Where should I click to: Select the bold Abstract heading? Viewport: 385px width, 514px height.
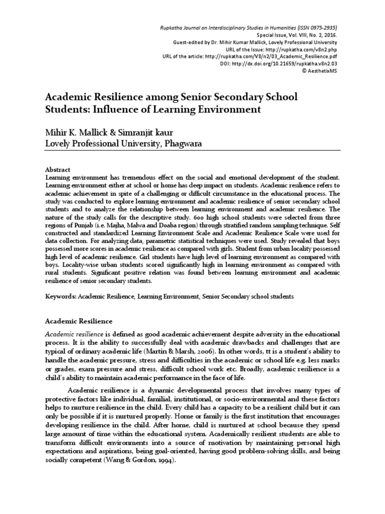tap(58, 170)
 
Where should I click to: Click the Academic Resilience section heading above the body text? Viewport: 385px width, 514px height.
tap(79, 320)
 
